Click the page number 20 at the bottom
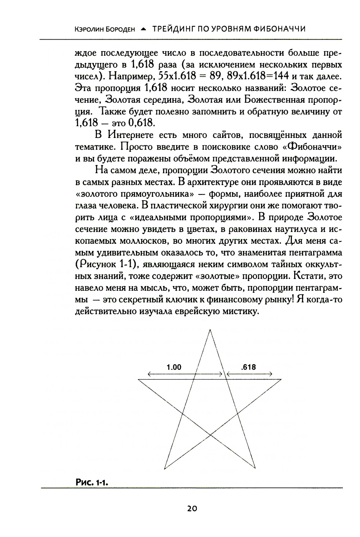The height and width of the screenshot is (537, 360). point(192,508)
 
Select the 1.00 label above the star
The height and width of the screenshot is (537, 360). point(174,367)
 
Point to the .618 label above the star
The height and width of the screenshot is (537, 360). point(249,367)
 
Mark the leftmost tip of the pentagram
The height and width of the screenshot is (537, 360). point(139,379)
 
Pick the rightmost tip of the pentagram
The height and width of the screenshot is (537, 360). point(282,379)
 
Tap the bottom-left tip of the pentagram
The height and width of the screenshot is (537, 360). point(165,469)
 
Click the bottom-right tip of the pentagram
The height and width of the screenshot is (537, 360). point(256,469)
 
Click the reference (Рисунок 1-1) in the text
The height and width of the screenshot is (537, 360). point(108,264)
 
